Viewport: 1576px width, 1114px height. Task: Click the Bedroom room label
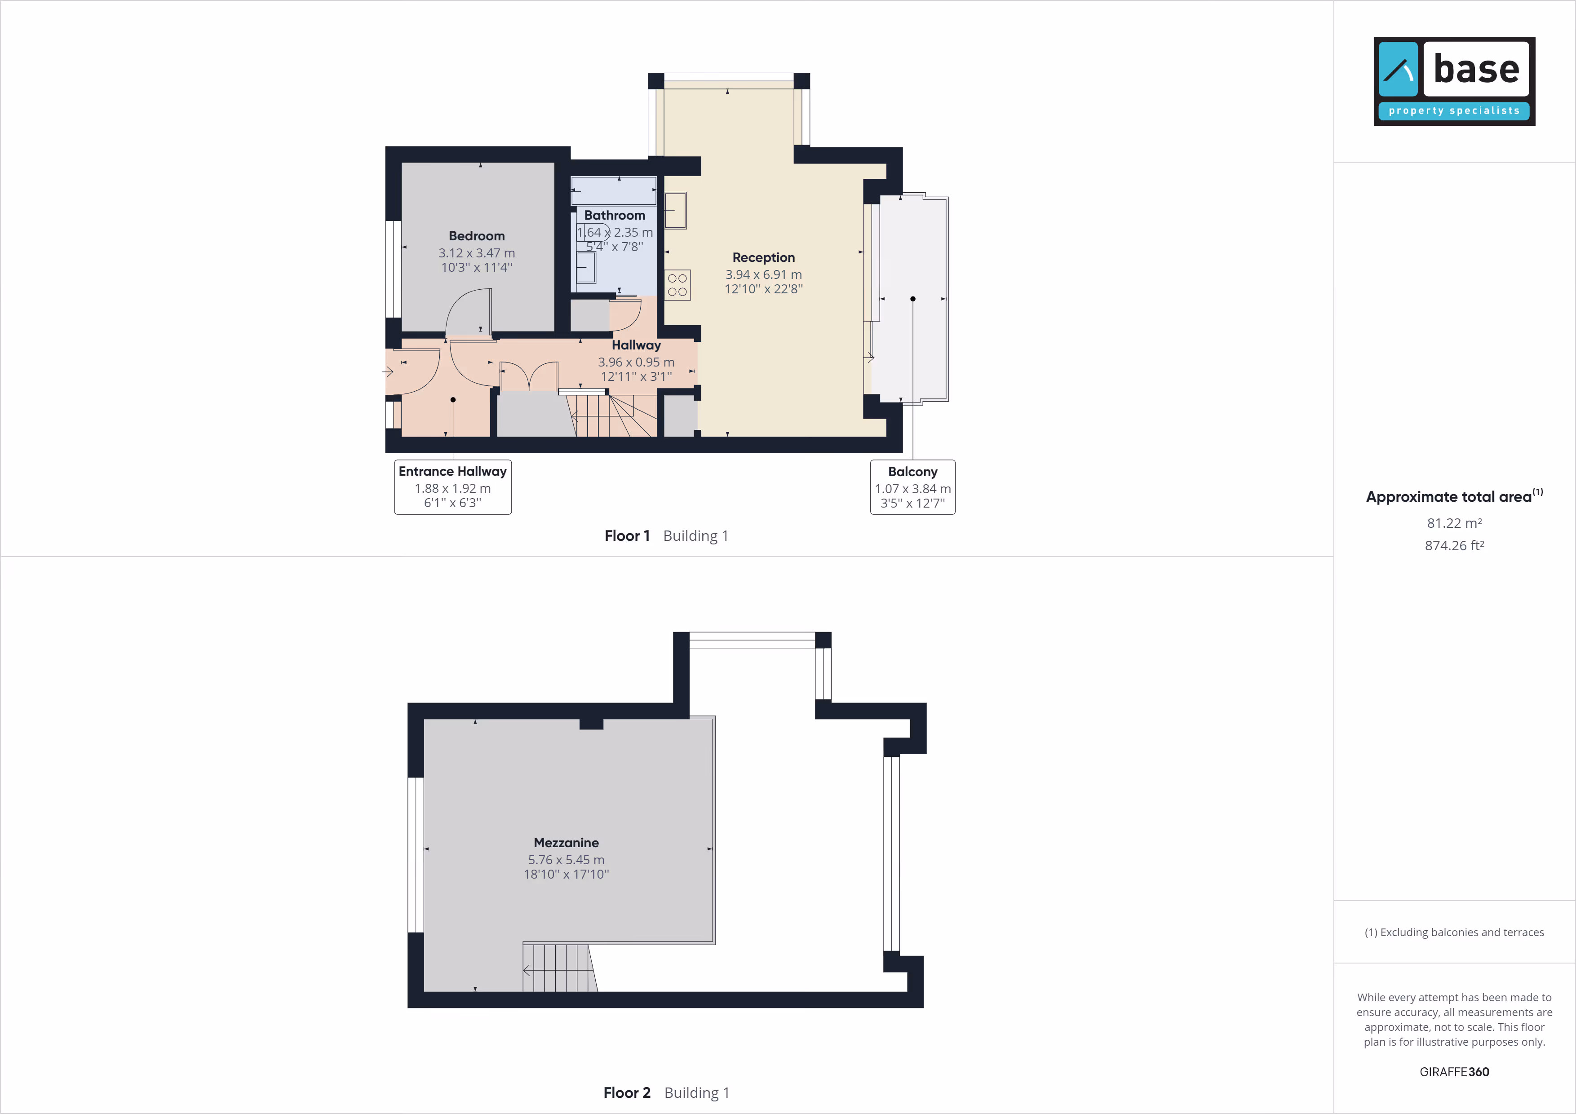tap(476, 236)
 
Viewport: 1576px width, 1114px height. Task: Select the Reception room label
tap(763, 257)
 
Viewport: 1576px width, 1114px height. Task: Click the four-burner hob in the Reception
tap(677, 285)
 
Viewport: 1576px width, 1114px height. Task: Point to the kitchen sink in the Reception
tap(675, 210)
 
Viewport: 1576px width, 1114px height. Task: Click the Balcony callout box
tap(912, 487)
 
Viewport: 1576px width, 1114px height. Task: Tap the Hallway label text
tap(636, 345)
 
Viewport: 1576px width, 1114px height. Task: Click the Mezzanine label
tap(566, 843)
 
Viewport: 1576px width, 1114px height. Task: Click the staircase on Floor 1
tap(611, 413)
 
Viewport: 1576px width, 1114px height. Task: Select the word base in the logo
tap(1476, 69)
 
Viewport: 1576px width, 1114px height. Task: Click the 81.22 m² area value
tap(1454, 523)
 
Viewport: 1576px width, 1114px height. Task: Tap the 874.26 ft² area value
tap(1454, 546)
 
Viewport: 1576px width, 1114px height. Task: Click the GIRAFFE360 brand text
tap(1454, 1072)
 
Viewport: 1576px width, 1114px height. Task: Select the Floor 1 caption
tap(627, 536)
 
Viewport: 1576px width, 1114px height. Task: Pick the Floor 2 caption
tap(627, 1093)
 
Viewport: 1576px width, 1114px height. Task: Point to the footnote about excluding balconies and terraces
tap(1454, 932)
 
